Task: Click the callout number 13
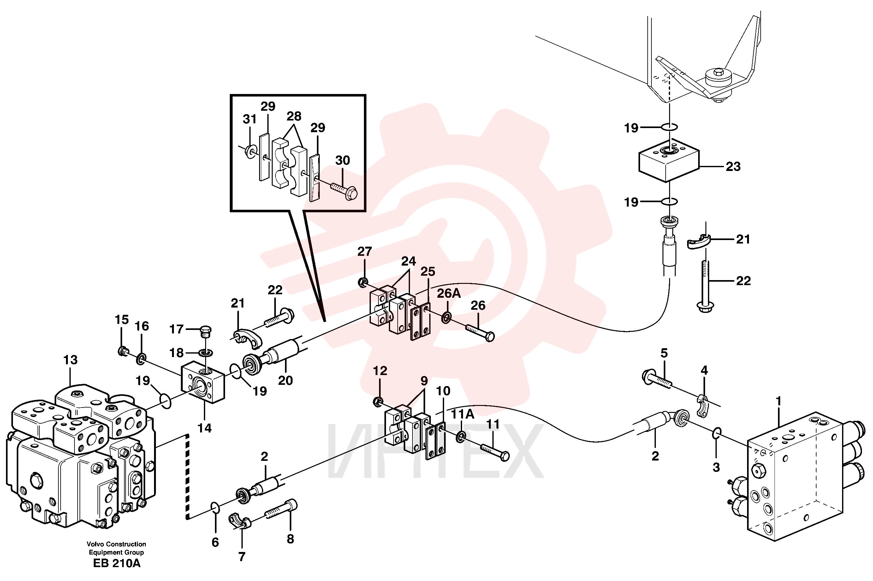point(70,360)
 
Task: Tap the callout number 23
point(733,166)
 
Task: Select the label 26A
point(448,293)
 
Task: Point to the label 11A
point(463,414)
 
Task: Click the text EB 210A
point(116,563)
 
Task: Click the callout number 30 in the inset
point(342,161)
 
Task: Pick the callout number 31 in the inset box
point(249,119)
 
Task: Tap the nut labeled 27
point(363,283)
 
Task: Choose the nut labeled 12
point(378,402)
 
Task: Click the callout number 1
point(778,401)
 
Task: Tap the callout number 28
point(294,116)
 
